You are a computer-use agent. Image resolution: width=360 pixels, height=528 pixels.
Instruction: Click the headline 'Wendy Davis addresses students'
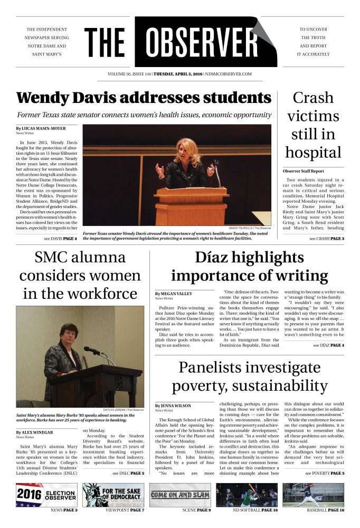pos(144,98)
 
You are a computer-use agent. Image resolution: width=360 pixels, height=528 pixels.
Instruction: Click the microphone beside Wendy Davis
pos(216,170)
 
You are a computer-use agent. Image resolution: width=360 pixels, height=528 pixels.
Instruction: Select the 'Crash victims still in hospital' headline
pos(313,125)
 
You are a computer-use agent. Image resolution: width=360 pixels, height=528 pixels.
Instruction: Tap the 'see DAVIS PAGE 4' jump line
pos(60,239)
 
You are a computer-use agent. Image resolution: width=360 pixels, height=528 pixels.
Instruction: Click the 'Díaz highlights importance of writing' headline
pos(249,267)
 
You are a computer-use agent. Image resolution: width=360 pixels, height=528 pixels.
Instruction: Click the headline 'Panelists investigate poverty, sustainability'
pos(249,375)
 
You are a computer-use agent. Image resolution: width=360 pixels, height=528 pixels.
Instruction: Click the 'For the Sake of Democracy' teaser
pos(113,495)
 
